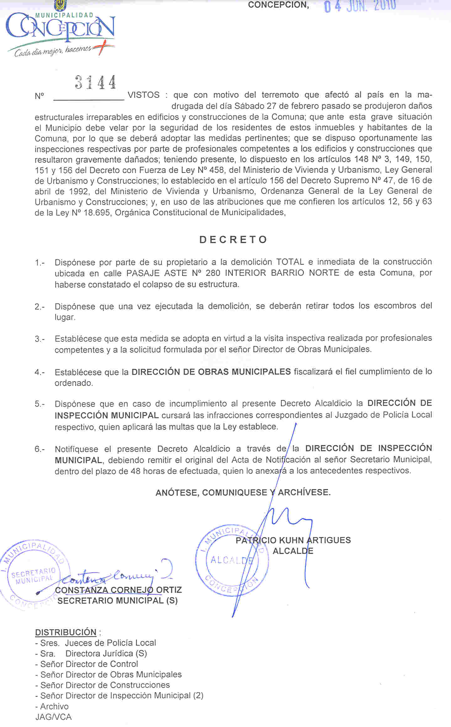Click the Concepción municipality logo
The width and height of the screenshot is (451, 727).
click(x=60, y=31)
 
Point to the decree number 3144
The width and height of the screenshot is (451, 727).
click(x=95, y=82)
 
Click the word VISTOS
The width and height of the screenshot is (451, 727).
click(x=144, y=95)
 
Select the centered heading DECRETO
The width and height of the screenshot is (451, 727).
click(x=233, y=240)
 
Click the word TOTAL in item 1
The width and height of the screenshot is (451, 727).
click(x=290, y=262)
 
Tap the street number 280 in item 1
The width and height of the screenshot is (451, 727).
click(x=213, y=273)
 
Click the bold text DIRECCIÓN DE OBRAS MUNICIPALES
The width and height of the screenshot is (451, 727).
click(x=211, y=372)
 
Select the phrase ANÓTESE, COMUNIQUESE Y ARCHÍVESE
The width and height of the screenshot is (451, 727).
click(x=243, y=492)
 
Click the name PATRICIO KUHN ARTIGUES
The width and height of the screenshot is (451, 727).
click(x=293, y=540)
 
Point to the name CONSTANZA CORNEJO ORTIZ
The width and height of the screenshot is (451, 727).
click(x=118, y=590)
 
